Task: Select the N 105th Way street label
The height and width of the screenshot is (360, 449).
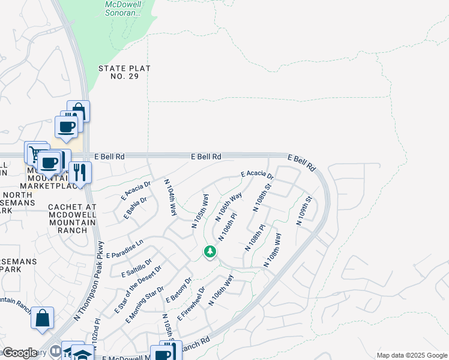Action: (x=199, y=211)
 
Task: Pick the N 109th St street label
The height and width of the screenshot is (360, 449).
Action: (x=304, y=211)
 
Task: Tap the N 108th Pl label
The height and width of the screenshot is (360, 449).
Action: (x=255, y=238)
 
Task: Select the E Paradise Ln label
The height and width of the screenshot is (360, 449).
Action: (x=125, y=249)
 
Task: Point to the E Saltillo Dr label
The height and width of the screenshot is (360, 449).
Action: (x=137, y=265)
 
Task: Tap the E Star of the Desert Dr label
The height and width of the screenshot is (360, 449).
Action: (x=138, y=290)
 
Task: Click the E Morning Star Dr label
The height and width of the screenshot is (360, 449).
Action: (x=145, y=304)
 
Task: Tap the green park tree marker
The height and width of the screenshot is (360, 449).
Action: (x=210, y=251)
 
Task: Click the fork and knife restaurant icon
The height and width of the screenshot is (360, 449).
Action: (x=79, y=172)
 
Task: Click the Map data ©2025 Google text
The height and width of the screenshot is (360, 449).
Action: (x=411, y=355)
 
